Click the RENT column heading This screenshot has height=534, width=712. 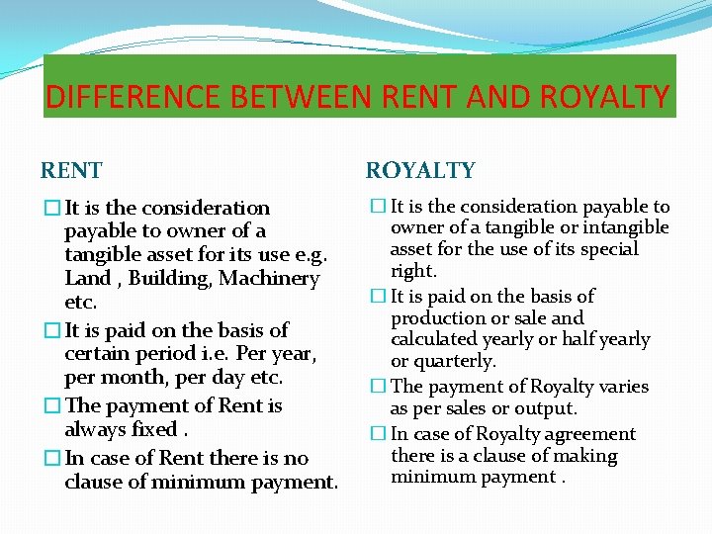pyautogui.click(x=71, y=170)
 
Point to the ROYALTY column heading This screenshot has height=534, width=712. pyautogui.click(x=420, y=170)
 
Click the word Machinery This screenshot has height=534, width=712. pyautogui.click(x=269, y=279)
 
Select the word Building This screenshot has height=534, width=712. pyautogui.click(x=170, y=279)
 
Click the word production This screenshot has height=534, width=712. pyautogui.click(x=438, y=318)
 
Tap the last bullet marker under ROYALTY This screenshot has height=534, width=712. pyautogui.click(x=376, y=434)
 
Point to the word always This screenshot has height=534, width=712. pyautogui.click(x=95, y=429)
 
